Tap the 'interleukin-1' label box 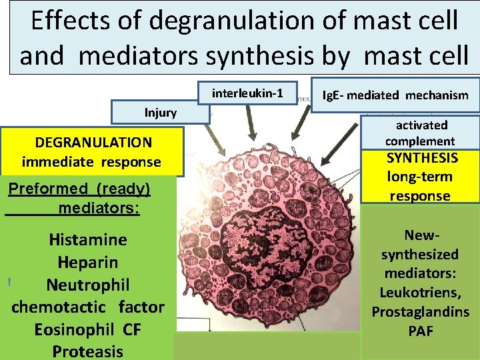tap(246, 93)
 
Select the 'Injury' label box tap(161, 112)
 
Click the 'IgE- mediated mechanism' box tap(395, 95)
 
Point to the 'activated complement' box tap(420, 133)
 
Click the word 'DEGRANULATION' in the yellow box tap(93, 142)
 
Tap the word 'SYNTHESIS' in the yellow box tap(423, 158)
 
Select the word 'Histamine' tap(88, 239)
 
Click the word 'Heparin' tap(88, 262)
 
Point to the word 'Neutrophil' tap(88, 285)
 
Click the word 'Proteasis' tap(88, 351)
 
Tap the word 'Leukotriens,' tap(420, 293)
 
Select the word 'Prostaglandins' tap(420, 312)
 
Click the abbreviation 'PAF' tap(420, 331)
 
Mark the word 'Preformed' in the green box tap(47, 189)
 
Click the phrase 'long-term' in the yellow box tap(420, 177)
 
